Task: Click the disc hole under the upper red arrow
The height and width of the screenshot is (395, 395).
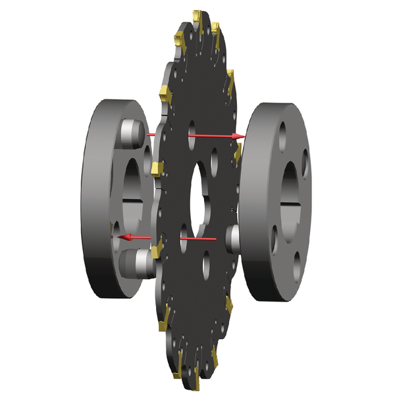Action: click(x=192, y=126)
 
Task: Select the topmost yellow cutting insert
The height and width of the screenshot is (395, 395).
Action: click(x=196, y=15)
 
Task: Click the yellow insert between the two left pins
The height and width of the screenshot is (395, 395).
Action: click(x=156, y=170)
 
